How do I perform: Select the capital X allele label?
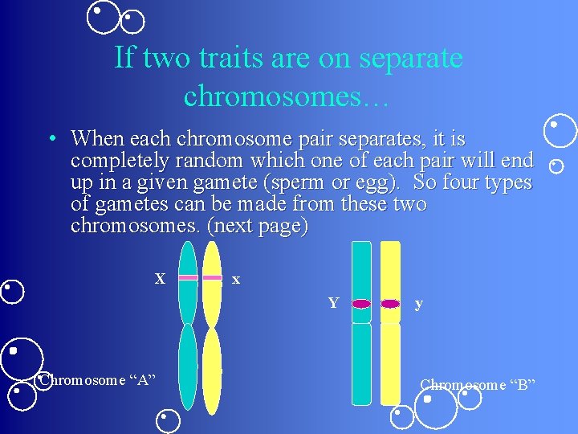[160, 279]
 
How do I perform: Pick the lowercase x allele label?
[235, 280]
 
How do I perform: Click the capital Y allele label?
[332, 303]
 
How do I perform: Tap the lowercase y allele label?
[418, 304]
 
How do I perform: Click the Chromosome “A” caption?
[97, 379]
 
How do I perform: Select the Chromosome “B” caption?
[477, 384]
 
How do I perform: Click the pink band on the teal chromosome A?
[188, 277]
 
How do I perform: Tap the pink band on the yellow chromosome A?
[212, 277]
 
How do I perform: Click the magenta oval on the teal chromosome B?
[361, 304]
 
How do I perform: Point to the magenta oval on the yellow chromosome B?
[390, 304]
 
